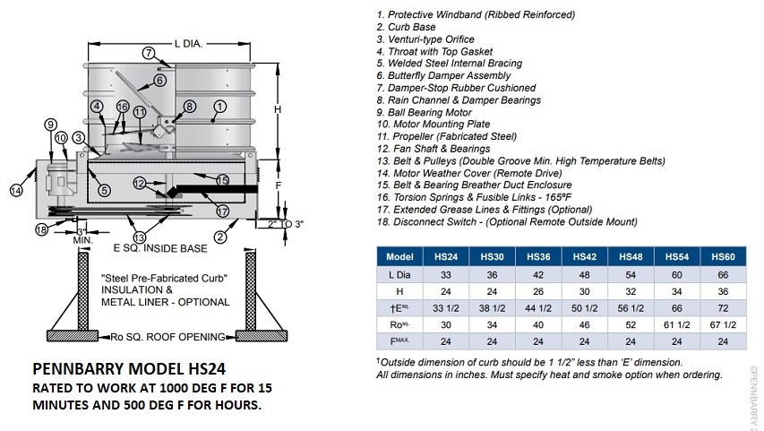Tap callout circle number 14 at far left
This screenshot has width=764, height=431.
point(17,190)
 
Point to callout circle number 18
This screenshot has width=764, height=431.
point(41,230)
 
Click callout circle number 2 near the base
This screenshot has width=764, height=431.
point(218,237)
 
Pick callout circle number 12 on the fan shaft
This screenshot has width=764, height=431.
point(140,184)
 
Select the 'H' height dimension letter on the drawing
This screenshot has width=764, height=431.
point(279,109)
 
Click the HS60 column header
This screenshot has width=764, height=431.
point(723,256)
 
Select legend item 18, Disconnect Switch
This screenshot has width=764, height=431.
point(507,221)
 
